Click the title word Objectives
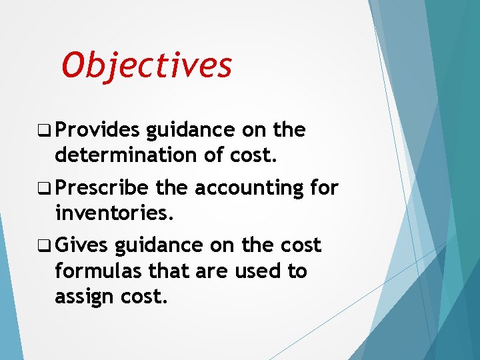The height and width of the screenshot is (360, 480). [147, 65]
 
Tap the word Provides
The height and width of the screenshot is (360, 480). [97, 130]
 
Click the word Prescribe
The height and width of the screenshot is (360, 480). [102, 189]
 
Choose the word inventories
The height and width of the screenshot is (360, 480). [115, 213]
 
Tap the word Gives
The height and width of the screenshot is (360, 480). [81, 245]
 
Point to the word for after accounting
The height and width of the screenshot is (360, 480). [325, 188]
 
